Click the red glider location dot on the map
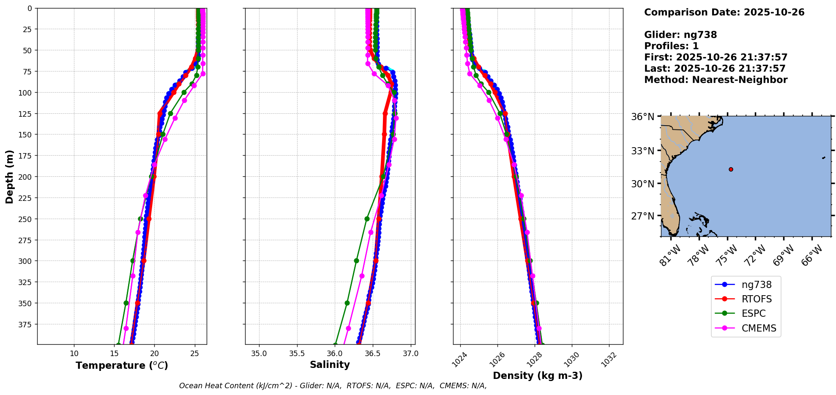tap(731, 169)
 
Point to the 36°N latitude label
tap(642, 117)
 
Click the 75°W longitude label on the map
tap(727, 255)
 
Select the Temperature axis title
tap(122, 365)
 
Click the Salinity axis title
tap(330, 365)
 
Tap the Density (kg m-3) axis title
tap(538, 376)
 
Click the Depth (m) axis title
tap(9, 176)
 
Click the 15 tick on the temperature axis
tap(114, 353)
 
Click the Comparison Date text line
tap(724, 12)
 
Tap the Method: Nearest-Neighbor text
tap(716, 80)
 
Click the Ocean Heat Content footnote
tap(333, 386)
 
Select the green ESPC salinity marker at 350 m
tap(347, 303)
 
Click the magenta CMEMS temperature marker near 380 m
tap(126, 328)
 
